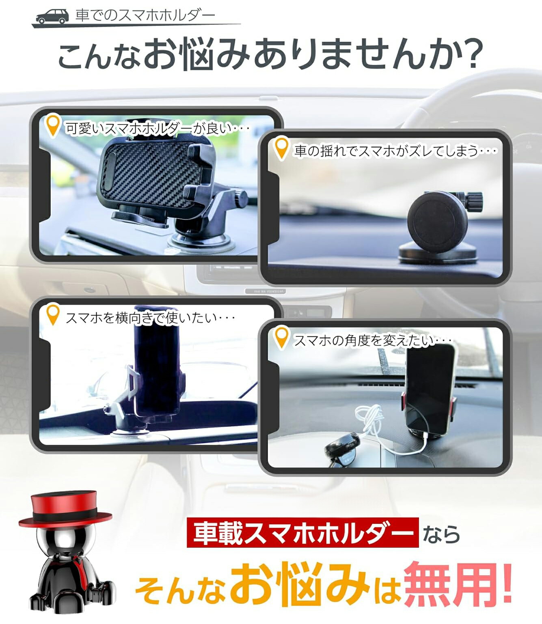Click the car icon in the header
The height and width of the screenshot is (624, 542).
pyautogui.click(x=52, y=16)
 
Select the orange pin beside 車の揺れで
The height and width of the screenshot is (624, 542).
pyautogui.click(x=281, y=148)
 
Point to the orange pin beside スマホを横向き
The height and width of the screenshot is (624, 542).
pyautogui.click(x=52, y=314)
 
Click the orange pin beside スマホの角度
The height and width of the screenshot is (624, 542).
pyautogui.click(x=281, y=338)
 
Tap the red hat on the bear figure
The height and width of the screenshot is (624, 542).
pyautogui.click(x=65, y=509)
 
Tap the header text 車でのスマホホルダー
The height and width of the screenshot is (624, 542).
pyautogui.click(x=145, y=15)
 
